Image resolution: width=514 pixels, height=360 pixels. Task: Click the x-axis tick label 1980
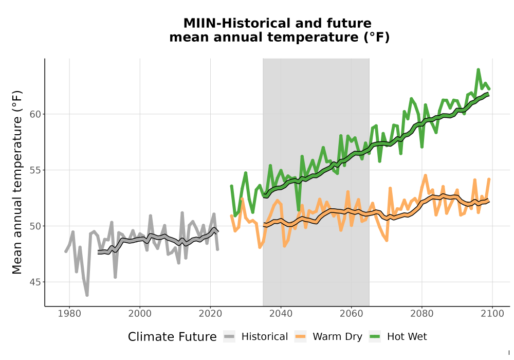pyautogui.click(x=69, y=314)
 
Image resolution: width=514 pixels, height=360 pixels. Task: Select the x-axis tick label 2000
pyautogui.click(x=140, y=314)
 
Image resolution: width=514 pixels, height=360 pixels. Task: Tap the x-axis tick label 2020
pyautogui.click(x=210, y=314)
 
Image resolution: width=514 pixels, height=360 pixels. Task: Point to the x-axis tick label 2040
pyautogui.click(x=281, y=314)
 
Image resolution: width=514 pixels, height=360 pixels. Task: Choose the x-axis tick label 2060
pyautogui.click(x=352, y=314)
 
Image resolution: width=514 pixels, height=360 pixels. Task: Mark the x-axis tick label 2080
pyautogui.click(x=422, y=314)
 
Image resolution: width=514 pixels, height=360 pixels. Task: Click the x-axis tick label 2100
pyautogui.click(x=492, y=314)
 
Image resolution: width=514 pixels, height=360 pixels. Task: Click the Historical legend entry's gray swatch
pyautogui.click(x=229, y=337)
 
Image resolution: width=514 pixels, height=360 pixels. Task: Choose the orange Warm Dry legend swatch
pyautogui.click(x=300, y=337)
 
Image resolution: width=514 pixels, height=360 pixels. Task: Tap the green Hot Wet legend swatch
pyautogui.click(x=375, y=337)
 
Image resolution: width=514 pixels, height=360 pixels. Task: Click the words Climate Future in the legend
pyautogui.click(x=172, y=337)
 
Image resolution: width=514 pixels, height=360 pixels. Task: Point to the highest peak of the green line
pyautogui.click(x=478, y=69)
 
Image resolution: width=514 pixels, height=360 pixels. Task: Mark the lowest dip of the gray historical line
pyautogui.click(x=87, y=295)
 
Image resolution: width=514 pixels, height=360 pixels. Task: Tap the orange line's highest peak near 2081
pyautogui.click(x=426, y=175)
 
